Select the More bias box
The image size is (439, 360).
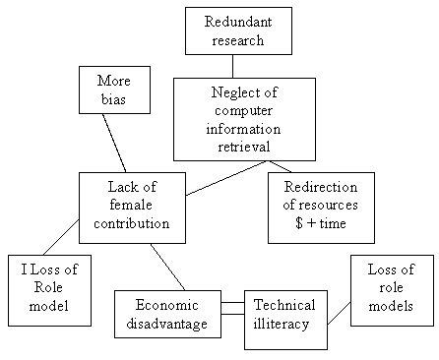click(x=114, y=90)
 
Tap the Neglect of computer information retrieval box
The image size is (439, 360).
click(x=244, y=118)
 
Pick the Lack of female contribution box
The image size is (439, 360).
click(x=132, y=207)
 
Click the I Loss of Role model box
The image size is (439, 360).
click(x=49, y=289)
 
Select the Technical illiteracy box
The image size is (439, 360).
click(x=284, y=314)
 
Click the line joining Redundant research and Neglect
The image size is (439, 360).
click(x=233, y=66)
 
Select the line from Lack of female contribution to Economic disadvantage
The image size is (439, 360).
click(x=167, y=266)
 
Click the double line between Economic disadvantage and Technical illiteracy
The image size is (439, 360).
click(x=232, y=308)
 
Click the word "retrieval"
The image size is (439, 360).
click(x=243, y=147)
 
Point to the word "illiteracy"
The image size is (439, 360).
click(x=283, y=324)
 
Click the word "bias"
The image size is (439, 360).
click(x=114, y=99)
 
